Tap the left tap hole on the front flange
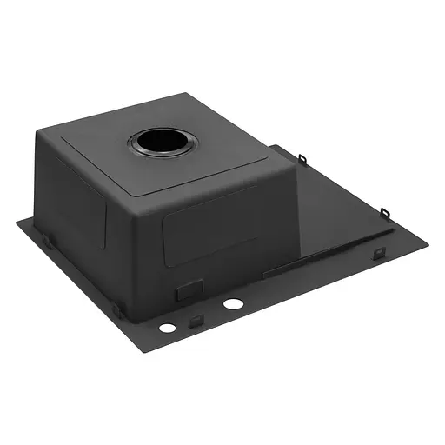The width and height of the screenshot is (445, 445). click(165, 329)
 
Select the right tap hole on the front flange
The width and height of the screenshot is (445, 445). click(232, 305)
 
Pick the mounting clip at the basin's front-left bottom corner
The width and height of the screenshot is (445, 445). click(116, 309)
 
